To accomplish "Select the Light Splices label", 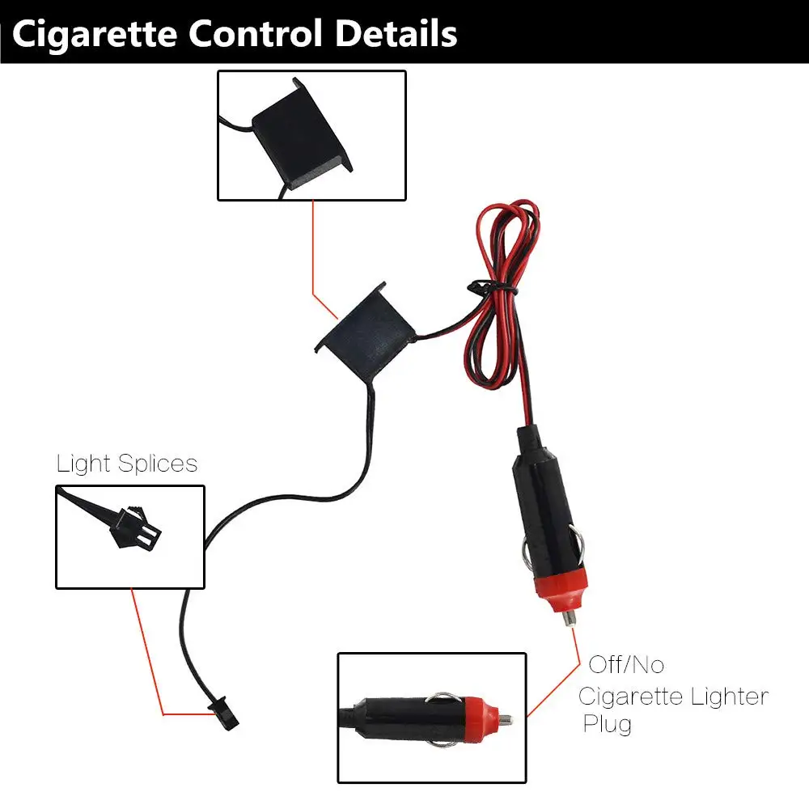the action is (x=127, y=464).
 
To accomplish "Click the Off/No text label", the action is (x=625, y=665).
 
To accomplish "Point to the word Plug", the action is (x=607, y=723).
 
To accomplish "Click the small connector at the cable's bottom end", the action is (x=219, y=710).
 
